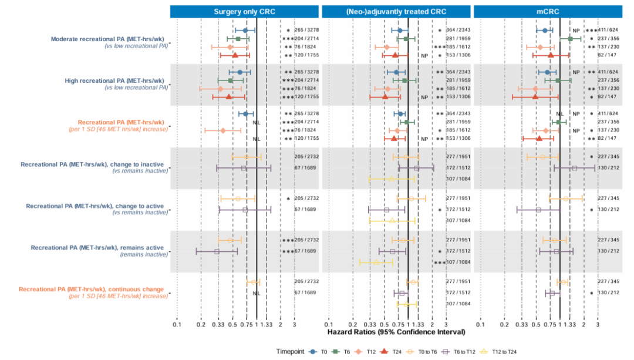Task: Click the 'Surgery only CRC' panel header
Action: pos(245,12)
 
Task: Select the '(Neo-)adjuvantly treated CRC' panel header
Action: pos(397,12)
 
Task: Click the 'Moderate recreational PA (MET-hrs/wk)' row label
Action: pos(107,39)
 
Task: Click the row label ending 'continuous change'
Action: pos(93,289)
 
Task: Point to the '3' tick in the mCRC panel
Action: pos(598,324)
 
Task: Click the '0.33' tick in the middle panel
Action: pos(370,324)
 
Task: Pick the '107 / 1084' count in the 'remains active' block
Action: pos(459,262)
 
